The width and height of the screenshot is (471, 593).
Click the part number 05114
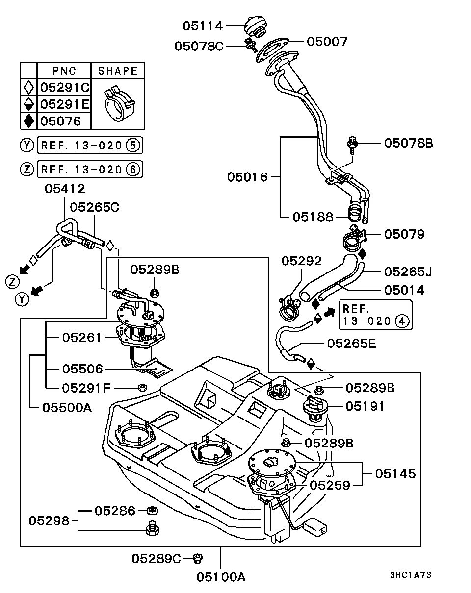[x=203, y=26]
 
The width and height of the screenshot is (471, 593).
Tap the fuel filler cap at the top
[x=255, y=25]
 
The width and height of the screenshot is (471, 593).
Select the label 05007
[x=327, y=42]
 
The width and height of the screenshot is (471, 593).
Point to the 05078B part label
[x=408, y=143]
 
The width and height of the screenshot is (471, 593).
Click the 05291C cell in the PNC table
[x=64, y=88]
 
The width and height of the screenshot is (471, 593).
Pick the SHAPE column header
[x=118, y=71]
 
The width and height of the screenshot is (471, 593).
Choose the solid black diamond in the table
[x=29, y=121]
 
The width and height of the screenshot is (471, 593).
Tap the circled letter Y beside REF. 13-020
[x=27, y=145]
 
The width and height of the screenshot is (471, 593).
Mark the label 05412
[x=65, y=189]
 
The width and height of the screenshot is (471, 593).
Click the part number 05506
[x=82, y=369]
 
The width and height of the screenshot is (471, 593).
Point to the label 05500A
[x=67, y=407]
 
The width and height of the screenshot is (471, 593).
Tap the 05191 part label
[x=365, y=406]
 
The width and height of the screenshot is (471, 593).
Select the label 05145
[x=395, y=474]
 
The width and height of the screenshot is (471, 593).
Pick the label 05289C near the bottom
[x=157, y=558]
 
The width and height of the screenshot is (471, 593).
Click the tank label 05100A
[x=221, y=577]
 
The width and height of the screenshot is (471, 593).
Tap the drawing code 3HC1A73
[x=411, y=575]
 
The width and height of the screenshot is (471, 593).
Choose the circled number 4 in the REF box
[x=401, y=321]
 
